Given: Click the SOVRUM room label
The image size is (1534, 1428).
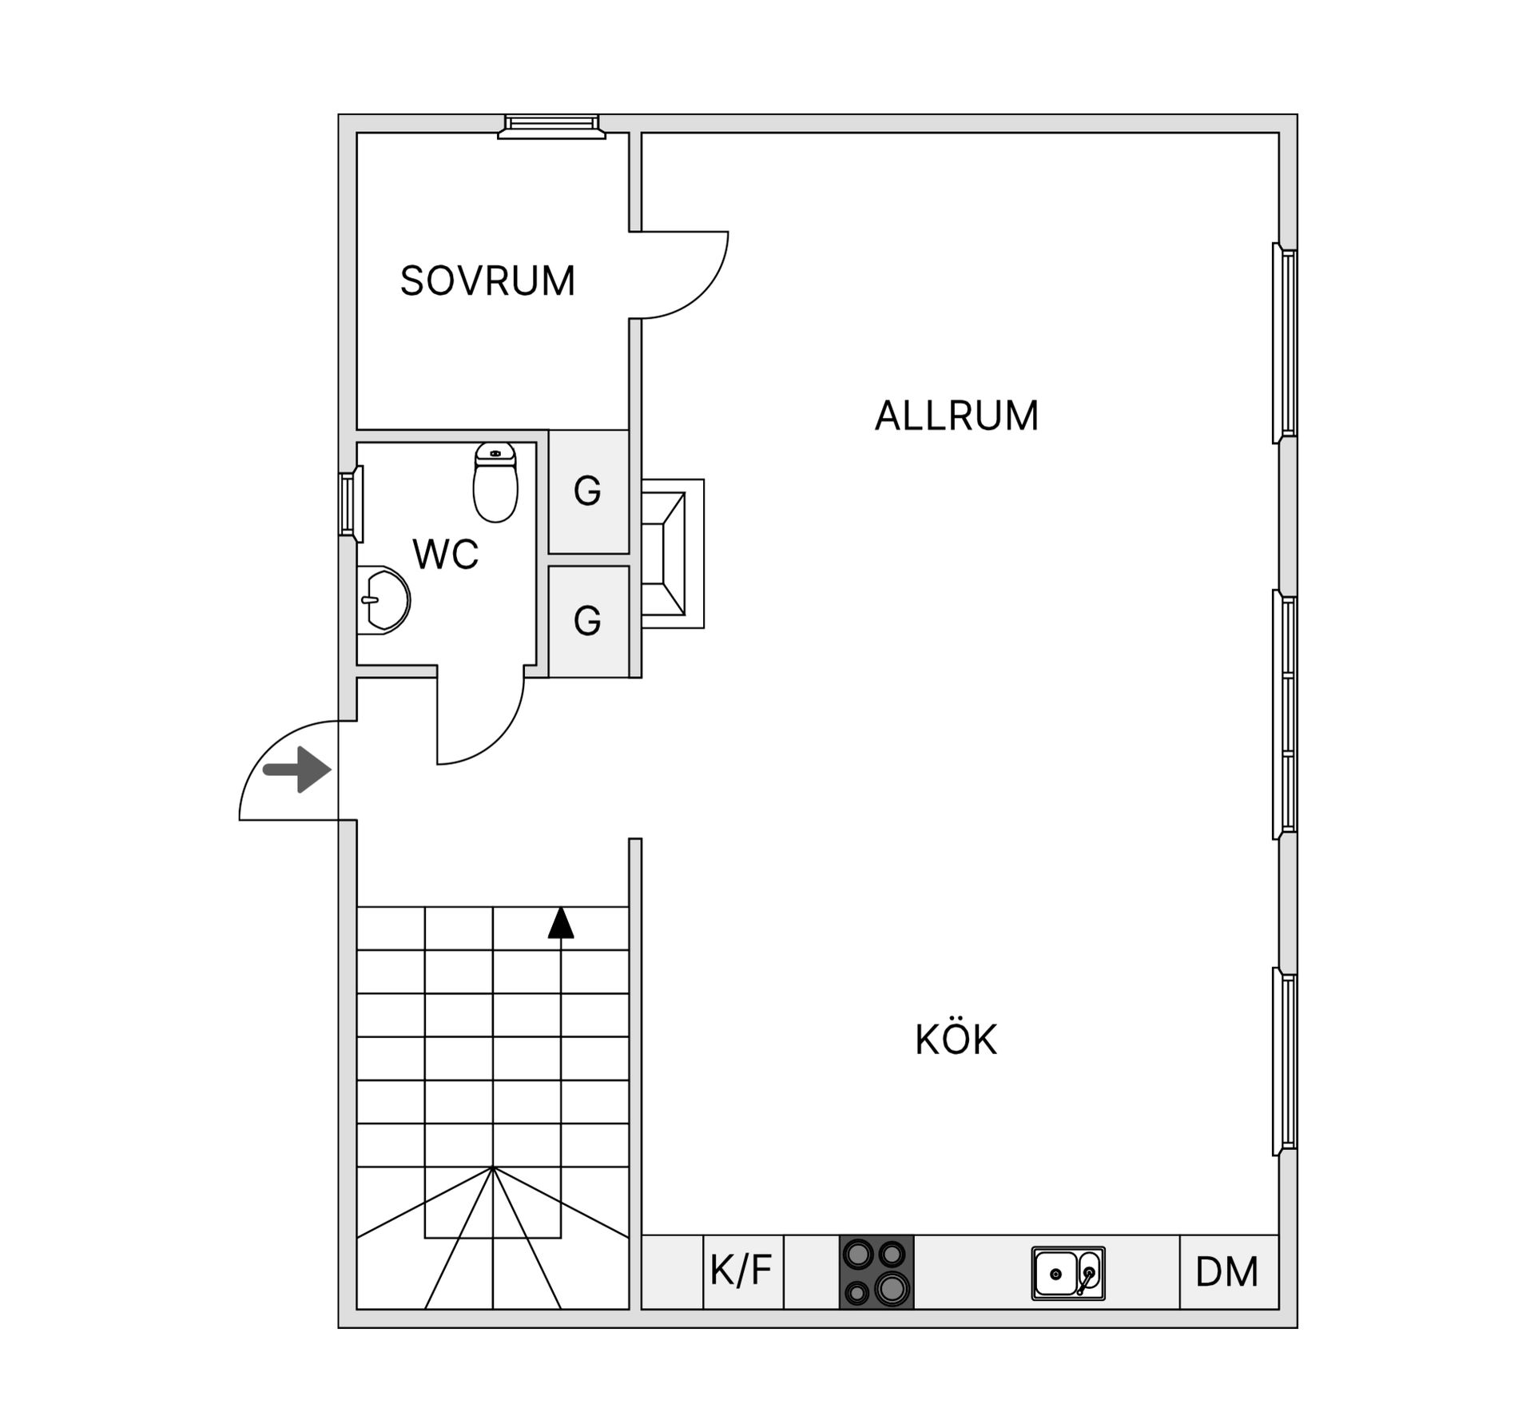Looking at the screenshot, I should pyautogui.click(x=487, y=281).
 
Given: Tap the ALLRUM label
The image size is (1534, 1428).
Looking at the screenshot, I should pyautogui.click(x=956, y=416).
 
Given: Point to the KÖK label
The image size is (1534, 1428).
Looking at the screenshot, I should pyautogui.click(x=956, y=1040).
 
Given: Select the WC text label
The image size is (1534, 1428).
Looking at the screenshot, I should pyautogui.click(x=445, y=554).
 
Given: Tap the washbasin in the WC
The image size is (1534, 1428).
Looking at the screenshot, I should pyautogui.click(x=382, y=600).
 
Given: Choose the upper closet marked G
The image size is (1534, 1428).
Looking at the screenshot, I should pyautogui.click(x=588, y=491).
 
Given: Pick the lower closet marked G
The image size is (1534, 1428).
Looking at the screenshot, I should pyautogui.click(x=588, y=621).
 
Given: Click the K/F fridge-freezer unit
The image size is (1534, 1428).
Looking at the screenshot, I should pyautogui.click(x=741, y=1271).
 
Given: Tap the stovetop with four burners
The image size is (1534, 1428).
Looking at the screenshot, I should pyautogui.click(x=876, y=1271).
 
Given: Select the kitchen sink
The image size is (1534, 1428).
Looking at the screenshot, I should pyautogui.click(x=1067, y=1273).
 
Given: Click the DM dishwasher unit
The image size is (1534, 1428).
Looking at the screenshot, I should pyautogui.click(x=1227, y=1272).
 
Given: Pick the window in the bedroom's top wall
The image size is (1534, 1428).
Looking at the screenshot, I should pyautogui.click(x=551, y=126).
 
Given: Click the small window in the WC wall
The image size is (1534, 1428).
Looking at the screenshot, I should pyautogui.click(x=349, y=504).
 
